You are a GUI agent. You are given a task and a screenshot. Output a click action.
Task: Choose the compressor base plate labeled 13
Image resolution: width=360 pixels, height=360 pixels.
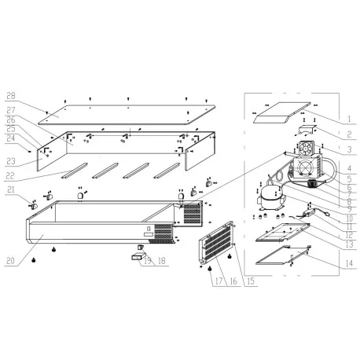277,230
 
